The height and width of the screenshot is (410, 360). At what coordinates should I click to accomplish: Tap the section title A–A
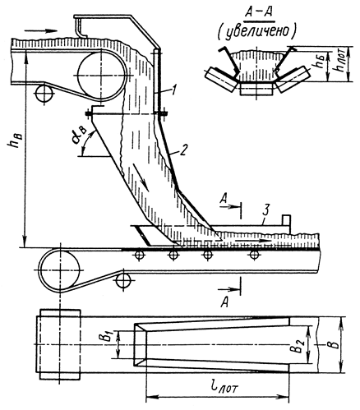[257, 13]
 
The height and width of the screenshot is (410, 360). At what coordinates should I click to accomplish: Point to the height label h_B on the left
[16, 141]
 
